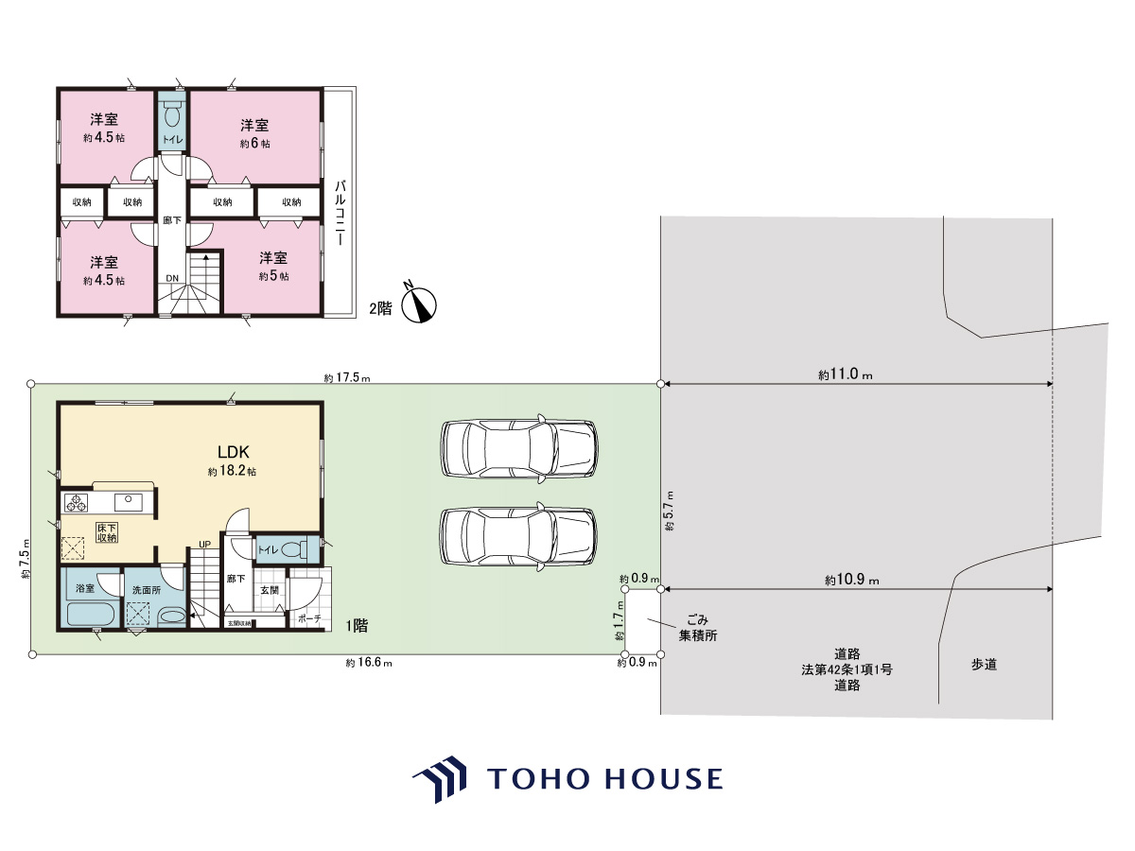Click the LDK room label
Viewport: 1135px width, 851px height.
point(234,452)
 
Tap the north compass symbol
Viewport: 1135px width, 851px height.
point(418,304)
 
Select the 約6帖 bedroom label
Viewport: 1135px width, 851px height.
point(255,143)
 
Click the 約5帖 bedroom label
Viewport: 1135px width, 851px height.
point(273,276)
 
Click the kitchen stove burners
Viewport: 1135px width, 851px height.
point(77,502)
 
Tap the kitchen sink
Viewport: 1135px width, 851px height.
point(129,502)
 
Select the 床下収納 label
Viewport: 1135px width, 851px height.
point(107,532)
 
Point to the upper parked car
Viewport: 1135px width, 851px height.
point(518,448)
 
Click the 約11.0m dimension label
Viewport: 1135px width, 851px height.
point(846,374)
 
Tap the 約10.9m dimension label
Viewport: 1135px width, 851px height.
point(851,580)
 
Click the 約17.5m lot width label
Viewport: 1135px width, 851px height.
point(347,377)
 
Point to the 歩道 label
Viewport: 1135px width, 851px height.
point(984,665)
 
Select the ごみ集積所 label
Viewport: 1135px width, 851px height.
point(697,627)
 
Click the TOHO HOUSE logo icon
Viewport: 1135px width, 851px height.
point(440,779)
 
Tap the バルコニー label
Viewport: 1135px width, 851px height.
point(340,213)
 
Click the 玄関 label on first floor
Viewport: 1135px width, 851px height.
point(269,590)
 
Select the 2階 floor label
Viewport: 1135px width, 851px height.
point(380,308)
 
